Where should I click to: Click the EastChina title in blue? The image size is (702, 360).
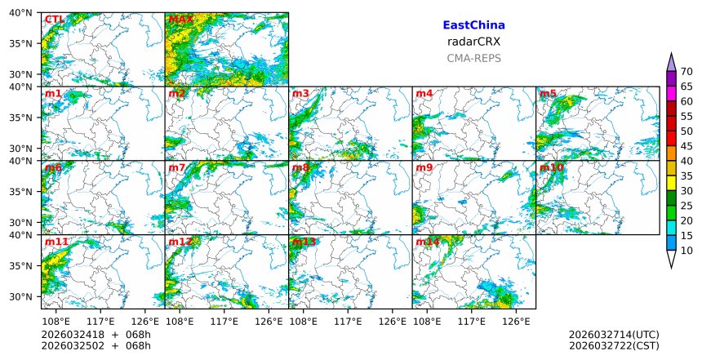[473, 25]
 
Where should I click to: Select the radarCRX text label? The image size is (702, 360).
[473, 42]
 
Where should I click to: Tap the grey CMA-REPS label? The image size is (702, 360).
[473, 58]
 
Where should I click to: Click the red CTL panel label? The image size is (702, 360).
[55, 20]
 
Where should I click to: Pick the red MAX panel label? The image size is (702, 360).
[180, 20]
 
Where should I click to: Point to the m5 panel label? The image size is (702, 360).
[548, 94]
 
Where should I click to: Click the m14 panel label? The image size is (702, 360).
[428, 242]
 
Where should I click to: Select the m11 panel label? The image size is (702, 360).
[56, 242]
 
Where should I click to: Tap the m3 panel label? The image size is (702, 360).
[300, 94]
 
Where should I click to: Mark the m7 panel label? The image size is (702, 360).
[177, 168]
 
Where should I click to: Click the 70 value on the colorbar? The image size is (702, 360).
[686, 72]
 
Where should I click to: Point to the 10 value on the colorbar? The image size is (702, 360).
[686, 251]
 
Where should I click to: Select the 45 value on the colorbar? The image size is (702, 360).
[686, 146]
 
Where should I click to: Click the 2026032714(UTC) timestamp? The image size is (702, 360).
[613, 335]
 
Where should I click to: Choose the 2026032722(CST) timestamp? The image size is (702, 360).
[613, 346]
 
